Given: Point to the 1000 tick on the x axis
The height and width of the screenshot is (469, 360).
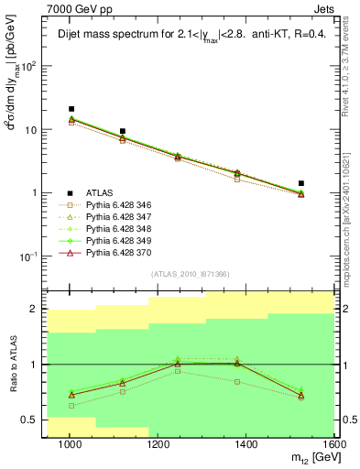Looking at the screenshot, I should (x=69, y=443).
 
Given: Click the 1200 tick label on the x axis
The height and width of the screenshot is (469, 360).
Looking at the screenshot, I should (x=158, y=443).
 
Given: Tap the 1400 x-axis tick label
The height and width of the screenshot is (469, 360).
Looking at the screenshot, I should (x=247, y=443).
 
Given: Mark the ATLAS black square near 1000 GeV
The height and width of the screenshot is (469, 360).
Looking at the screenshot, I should (x=71, y=109).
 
